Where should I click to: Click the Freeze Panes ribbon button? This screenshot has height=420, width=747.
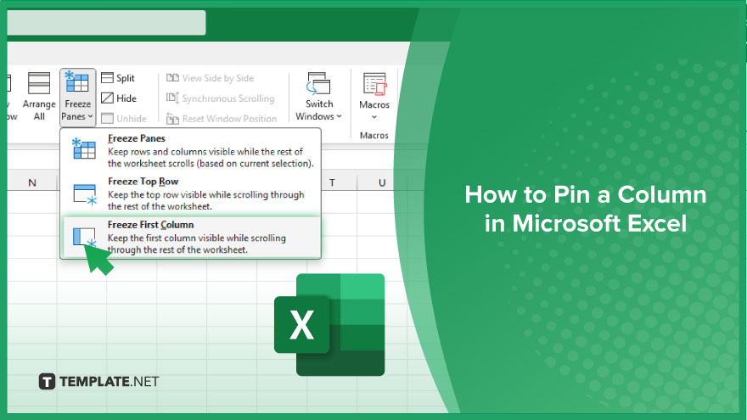(x=77, y=97)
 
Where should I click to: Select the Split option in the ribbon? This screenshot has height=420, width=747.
(x=118, y=78)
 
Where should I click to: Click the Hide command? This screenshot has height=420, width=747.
(x=119, y=98)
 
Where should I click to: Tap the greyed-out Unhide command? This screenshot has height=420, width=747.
(x=124, y=119)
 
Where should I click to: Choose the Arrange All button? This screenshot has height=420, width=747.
(x=39, y=97)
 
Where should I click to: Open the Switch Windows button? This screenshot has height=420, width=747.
(x=318, y=97)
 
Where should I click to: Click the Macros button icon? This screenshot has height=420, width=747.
(x=374, y=84)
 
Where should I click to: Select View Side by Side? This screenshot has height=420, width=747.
(x=211, y=78)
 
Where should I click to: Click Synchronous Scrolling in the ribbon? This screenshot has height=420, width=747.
(x=221, y=98)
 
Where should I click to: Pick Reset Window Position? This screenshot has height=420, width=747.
(x=222, y=119)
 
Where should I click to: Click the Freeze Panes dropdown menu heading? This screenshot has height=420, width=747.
(x=137, y=138)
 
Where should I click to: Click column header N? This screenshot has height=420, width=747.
(x=32, y=183)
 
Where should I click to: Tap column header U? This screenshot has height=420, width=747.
(x=382, y=183)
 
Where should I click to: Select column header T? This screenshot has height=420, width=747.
(x=332, y=183)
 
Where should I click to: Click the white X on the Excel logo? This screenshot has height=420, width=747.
(x=301, y=325)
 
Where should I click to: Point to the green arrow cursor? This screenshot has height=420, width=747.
(x=98, y=259)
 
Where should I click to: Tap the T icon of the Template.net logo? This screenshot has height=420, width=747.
(x=47, y=382)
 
